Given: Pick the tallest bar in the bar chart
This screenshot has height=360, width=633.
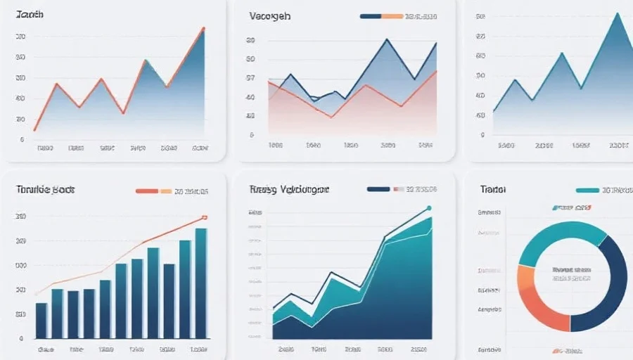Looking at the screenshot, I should (201, 283).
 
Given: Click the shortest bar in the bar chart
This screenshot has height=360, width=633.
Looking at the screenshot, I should (41, 320).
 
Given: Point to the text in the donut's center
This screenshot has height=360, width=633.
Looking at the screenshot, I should (570, 274).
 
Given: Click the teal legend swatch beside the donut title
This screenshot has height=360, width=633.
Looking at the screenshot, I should (587, 191).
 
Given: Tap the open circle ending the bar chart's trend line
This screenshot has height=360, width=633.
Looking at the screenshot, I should (205, 217).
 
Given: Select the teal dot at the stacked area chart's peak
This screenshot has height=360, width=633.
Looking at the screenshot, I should (429, 208).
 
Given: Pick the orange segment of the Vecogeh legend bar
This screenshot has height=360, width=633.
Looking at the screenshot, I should (392, 15).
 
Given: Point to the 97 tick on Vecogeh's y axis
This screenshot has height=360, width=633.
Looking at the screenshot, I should (250, 78).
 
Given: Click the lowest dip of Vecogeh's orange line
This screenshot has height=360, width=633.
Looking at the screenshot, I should (331, 117).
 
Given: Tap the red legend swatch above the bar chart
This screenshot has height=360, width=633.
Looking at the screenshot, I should (146, 191).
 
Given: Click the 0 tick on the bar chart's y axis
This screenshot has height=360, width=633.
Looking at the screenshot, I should (22, 338).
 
